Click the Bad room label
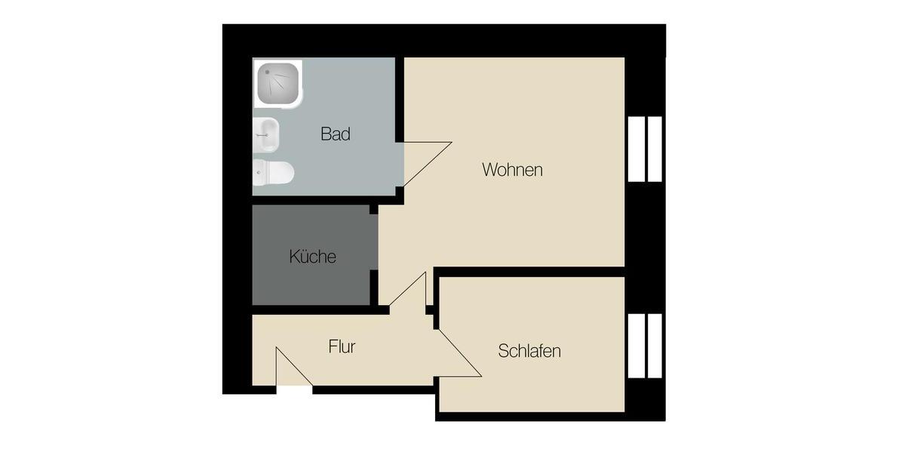[x=336, y=134]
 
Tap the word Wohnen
[x=512, y=170]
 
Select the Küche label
[x=312, y=257]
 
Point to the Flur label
[x=342, y=347]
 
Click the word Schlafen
[x=529, y=351]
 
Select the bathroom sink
[x=266, y=136]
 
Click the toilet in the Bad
[x=272, y=172]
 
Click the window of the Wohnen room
[x=644, y=149]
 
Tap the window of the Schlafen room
[x=644, y=346]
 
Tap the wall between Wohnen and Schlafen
[x=528, y=272]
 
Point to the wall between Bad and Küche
[x=317, y=200]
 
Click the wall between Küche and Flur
[x=317, y=310]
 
